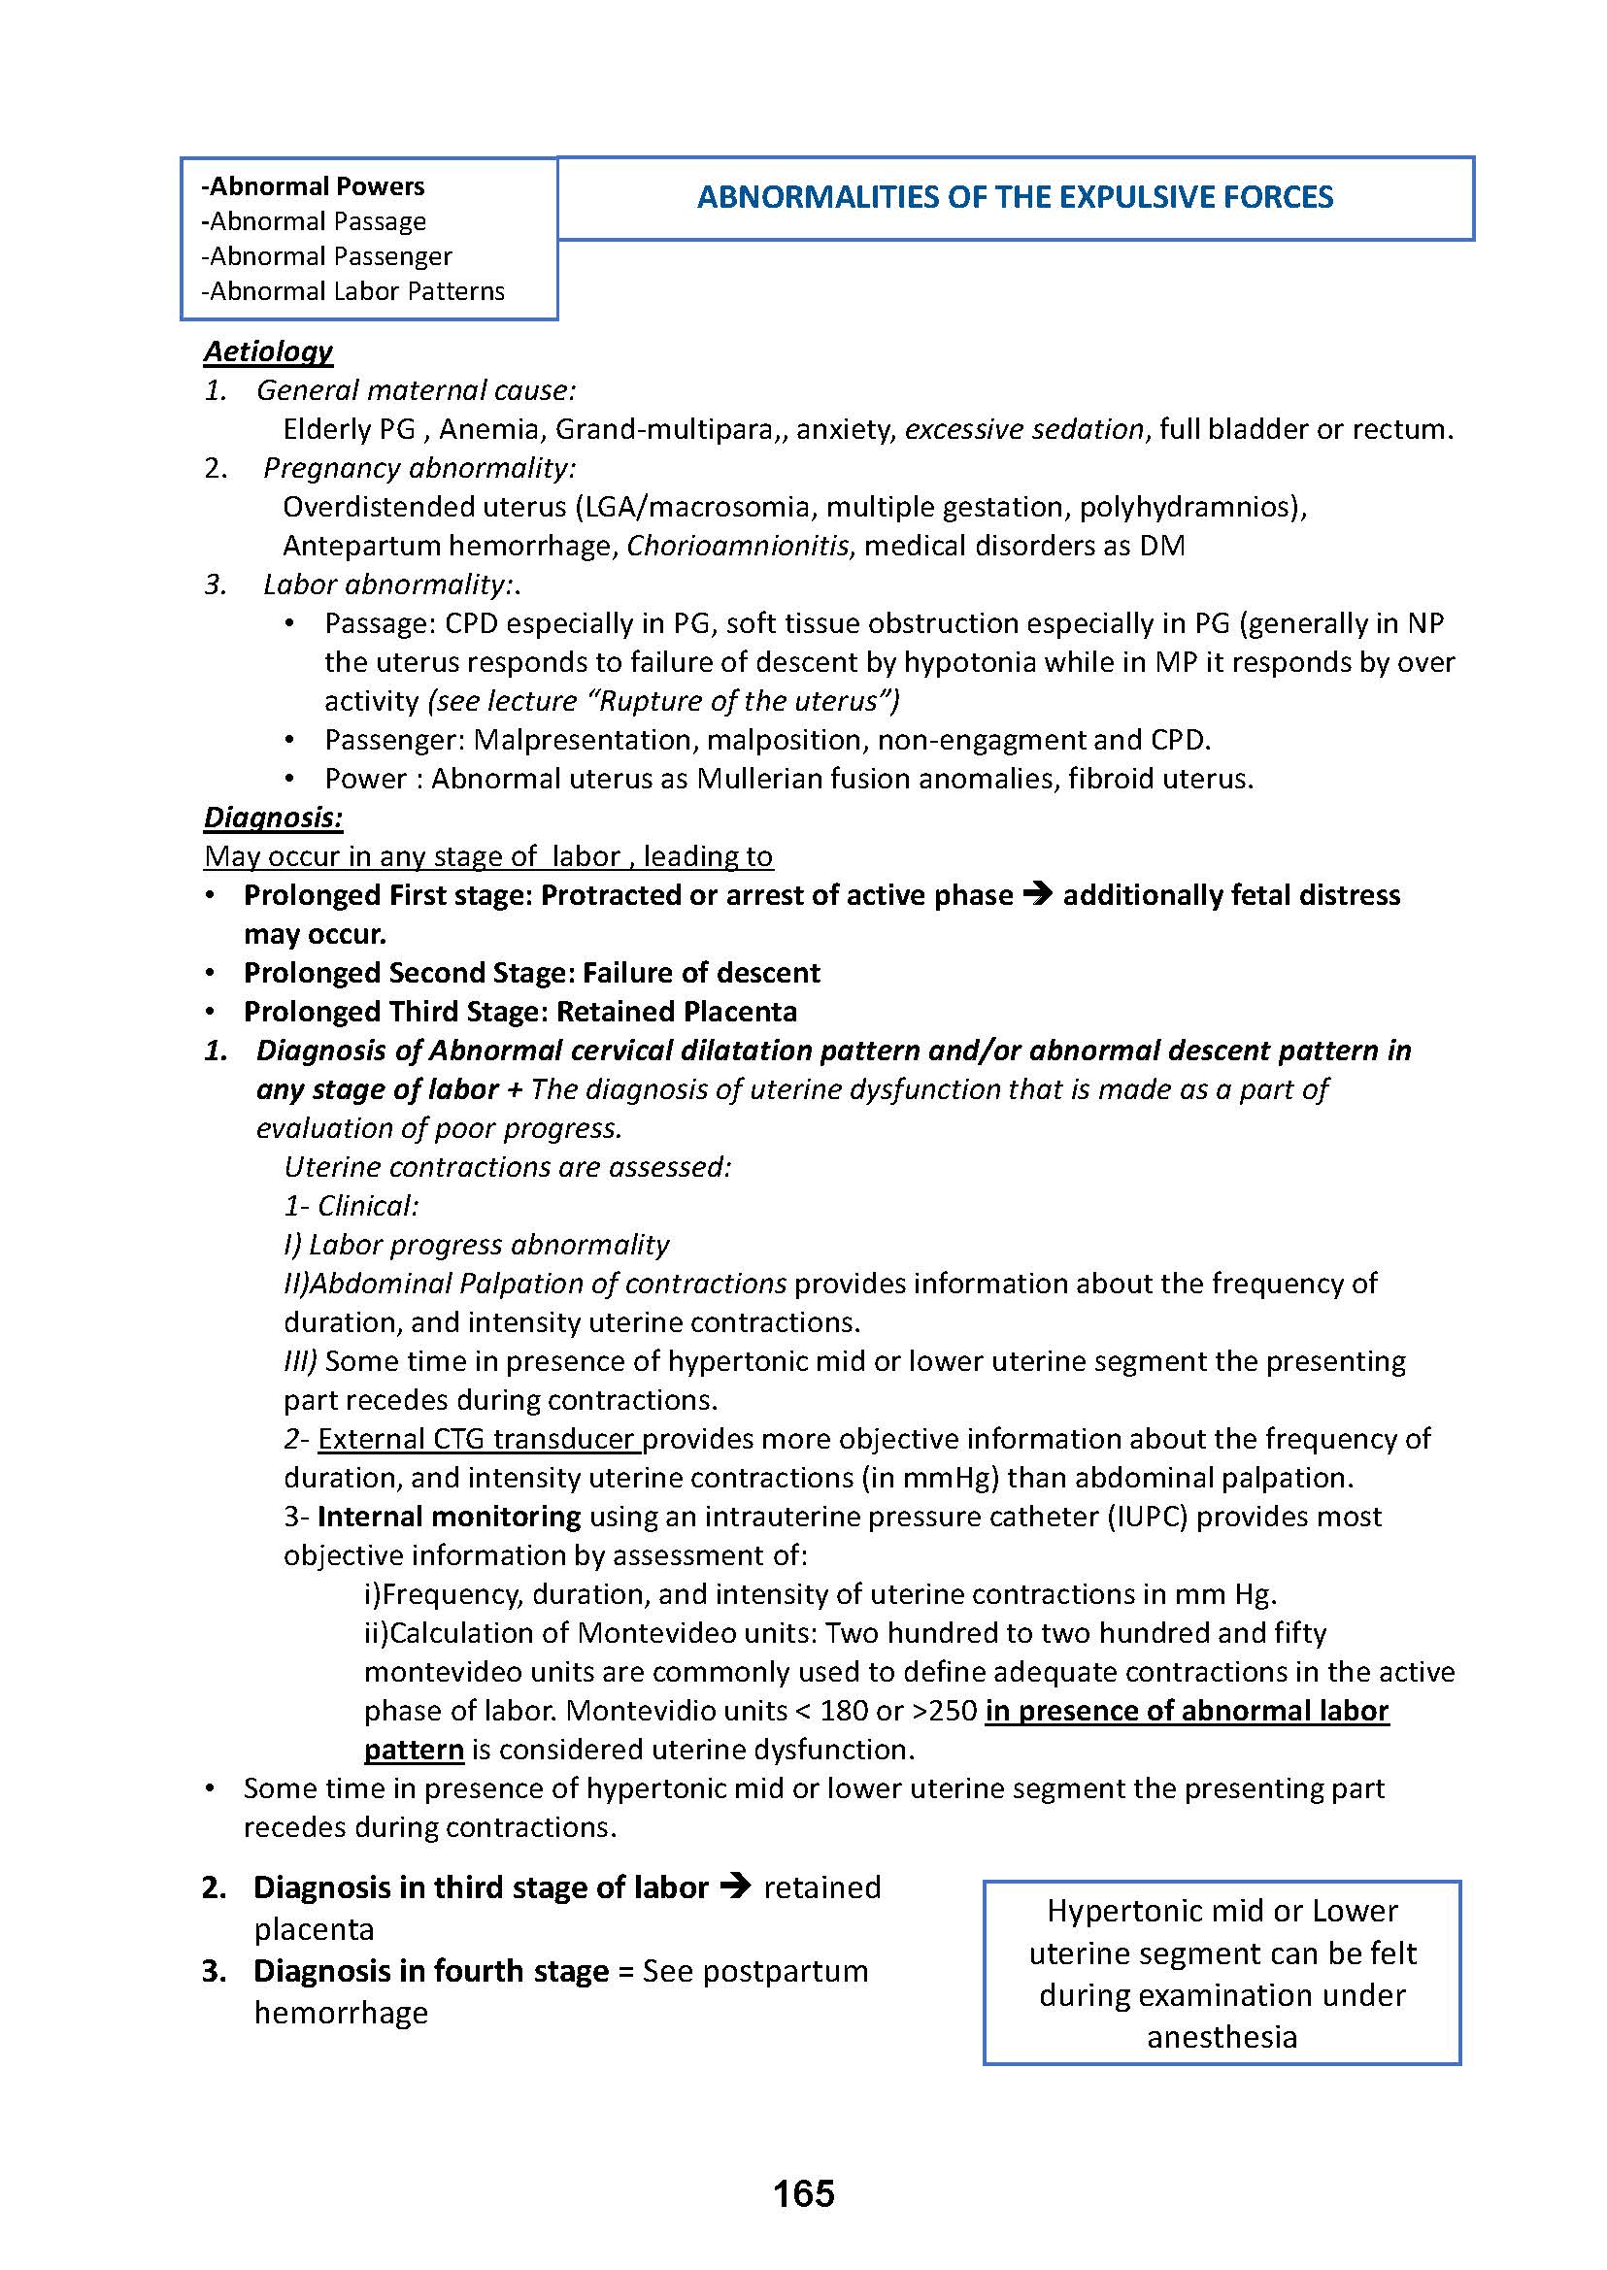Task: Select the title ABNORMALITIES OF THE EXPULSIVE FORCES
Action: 1016,197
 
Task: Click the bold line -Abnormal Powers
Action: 313,186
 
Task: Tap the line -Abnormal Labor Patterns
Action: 352,291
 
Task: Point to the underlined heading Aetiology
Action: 268,351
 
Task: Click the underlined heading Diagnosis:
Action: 273,818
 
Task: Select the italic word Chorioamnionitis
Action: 738,546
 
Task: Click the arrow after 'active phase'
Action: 1037,894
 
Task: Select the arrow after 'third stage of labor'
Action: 734,1887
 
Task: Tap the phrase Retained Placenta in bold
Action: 676,1012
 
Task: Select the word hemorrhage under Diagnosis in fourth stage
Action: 341,2013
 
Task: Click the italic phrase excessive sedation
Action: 1024,429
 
